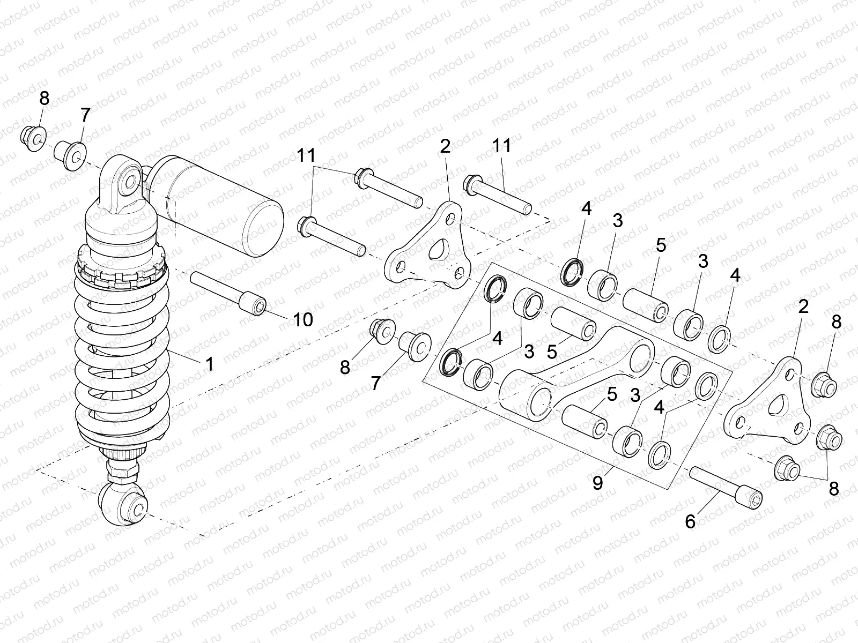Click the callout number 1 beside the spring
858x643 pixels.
(x=210, y=364)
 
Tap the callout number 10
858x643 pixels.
(x=302, y=320)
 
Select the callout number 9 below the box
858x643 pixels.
(x=598, y=483)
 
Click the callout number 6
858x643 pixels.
(x=691, y=521)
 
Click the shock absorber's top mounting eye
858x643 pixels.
(x=129, y=182)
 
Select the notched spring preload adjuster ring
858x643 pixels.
(x=121, y=268)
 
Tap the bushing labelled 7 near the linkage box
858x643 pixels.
(x=416, y=346)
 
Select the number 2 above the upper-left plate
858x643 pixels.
(x=445, y=147)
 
